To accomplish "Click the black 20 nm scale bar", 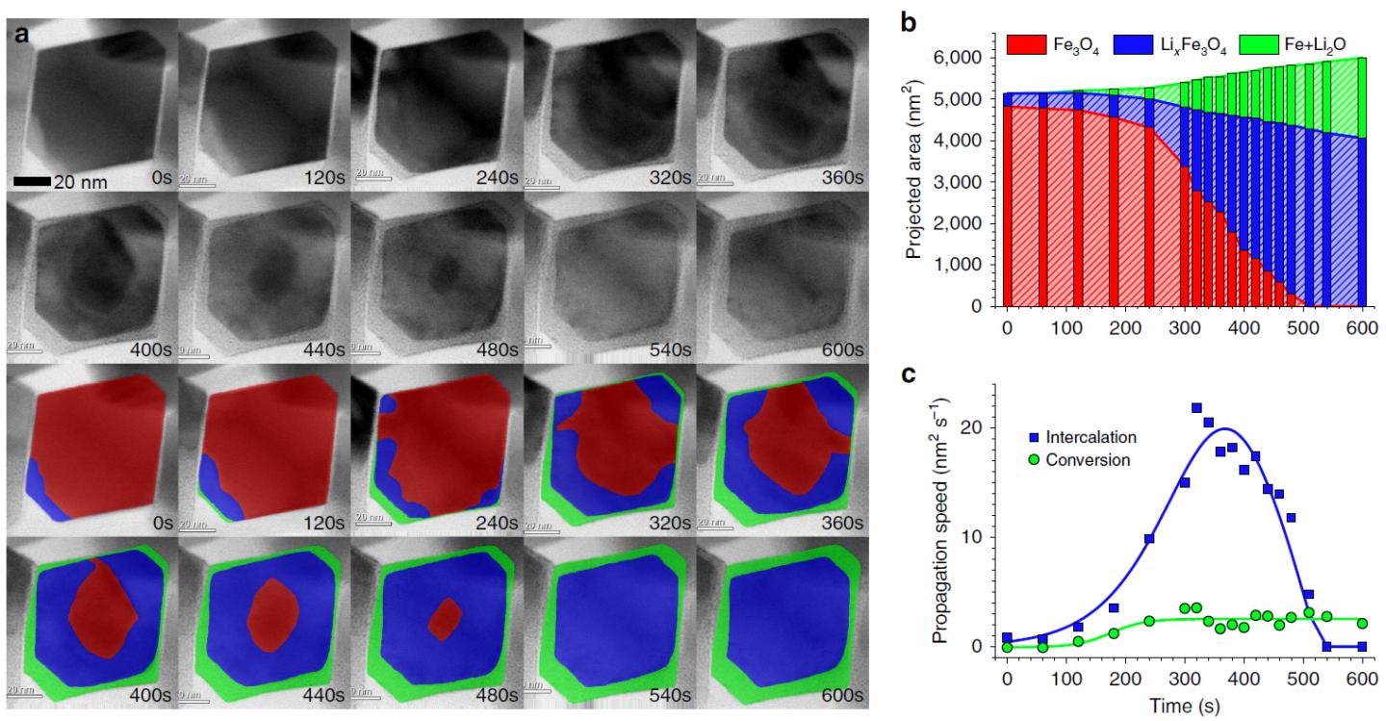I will [32, 181].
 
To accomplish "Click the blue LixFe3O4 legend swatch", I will [1139, 44].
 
